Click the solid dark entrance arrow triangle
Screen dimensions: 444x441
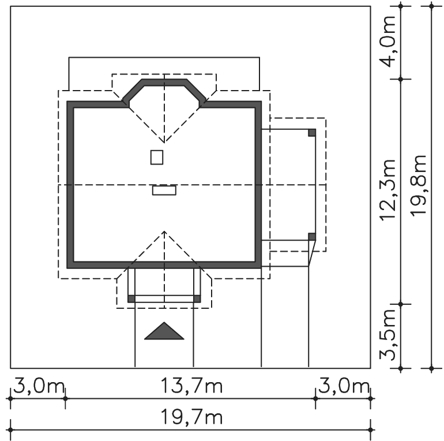tap(164, 332)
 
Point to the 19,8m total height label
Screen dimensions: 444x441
tap(418, 186)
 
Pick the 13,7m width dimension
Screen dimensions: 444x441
tap(191, 386)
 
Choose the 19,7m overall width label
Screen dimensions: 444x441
tap(191, 417)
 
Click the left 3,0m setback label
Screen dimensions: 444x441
tap(39, 386)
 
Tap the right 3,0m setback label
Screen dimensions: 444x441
tap(344, 386)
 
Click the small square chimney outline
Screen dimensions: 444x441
tap(157, 158)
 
